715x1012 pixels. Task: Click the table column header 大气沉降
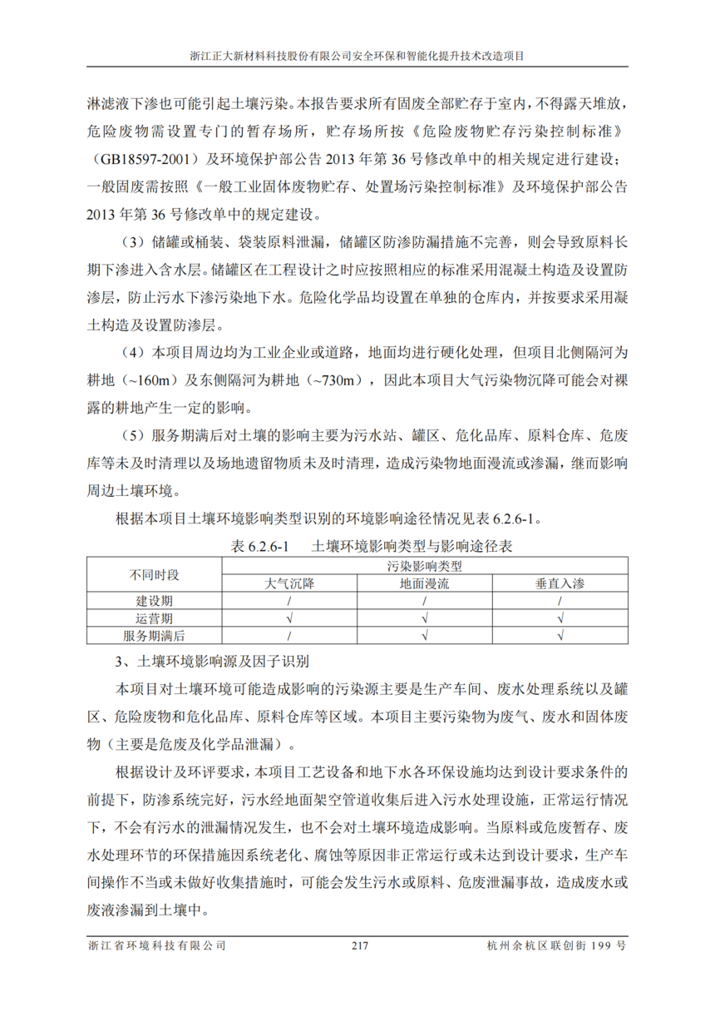(x=289, y=583)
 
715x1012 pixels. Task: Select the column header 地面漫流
(x=424, y=583)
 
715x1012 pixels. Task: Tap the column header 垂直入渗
(x=560, y=583)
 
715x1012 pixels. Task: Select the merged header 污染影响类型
(x=424, y=567)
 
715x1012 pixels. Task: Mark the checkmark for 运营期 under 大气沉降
(x=289, y=618)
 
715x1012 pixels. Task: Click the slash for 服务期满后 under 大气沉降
(x=289, y=636)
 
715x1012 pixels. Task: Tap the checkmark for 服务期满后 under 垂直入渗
(x=560, y=636)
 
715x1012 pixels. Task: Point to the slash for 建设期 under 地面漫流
(x=424, y=601)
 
